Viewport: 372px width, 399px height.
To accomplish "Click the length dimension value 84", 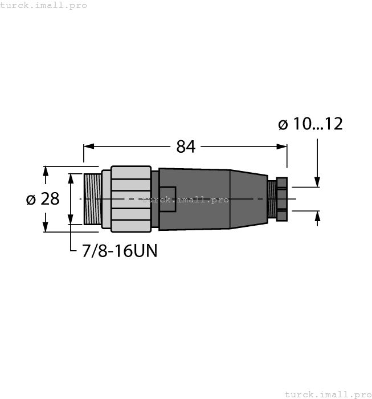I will click(x=186, y=147).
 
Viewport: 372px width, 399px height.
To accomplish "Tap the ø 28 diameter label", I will click(x=43, y=199).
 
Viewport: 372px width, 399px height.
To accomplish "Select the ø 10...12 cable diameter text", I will click(x=310, y=124).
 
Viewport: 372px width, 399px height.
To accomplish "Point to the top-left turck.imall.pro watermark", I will click(x=44, y=5).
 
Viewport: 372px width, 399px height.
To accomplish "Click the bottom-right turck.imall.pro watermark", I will click(x=328, y=394).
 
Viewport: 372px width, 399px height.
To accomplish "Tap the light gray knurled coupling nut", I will click(x=131, y=199).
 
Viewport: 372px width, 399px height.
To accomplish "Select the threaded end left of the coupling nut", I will click(x=92, y=199).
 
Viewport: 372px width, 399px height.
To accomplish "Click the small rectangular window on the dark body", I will click(x=167, y=199).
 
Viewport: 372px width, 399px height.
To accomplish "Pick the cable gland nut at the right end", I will click(x=281, y=199).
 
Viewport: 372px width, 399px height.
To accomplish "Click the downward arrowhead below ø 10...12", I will click(x=317, y=182).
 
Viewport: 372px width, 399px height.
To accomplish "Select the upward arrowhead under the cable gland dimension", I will click(x=317, y=215).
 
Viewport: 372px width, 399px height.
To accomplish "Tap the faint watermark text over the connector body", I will click(x=185, y=200).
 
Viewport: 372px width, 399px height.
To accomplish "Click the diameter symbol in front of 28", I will click(x=32, y=199).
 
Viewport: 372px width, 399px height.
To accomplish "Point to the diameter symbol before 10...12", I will click(x=283, y=124).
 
